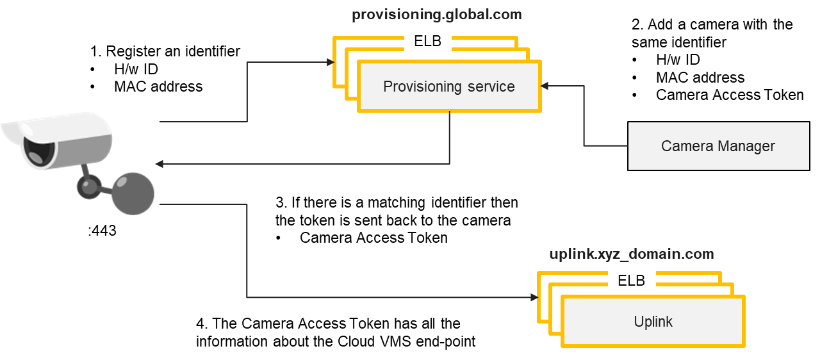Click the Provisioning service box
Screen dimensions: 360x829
pos(449,86)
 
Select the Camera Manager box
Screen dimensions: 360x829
pos(718,146)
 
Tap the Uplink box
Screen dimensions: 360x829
pos(653,321)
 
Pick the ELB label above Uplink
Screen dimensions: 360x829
pos(631,280)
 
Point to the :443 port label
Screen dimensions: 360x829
pos(103,230)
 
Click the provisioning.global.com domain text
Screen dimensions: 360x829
pos(437,15)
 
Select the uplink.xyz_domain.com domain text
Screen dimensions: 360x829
pos(631,254)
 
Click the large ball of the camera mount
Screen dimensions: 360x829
pos(133,192)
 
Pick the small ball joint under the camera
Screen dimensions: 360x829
pos(88,186)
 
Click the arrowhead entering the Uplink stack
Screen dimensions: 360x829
pos(534,298)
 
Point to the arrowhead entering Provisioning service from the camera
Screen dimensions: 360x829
pos(331,62)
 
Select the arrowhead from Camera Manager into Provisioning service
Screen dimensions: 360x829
pos(545,86)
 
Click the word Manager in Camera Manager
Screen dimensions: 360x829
pos(746,146)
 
